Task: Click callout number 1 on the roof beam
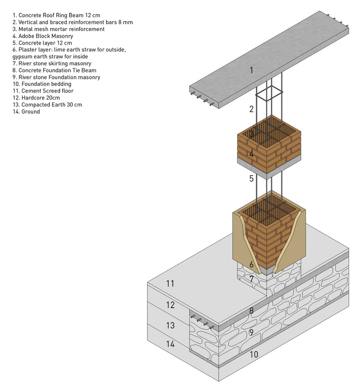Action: coord(251,71)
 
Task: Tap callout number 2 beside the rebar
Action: coord(251,109)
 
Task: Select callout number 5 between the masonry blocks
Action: coord(251,179)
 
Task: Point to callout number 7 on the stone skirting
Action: coord(251,279)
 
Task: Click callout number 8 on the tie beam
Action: coord(251,311)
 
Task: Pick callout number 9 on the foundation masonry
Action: coord(251,333)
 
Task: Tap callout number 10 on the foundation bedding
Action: coord(254,354)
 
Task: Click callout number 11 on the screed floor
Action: coord(170,283)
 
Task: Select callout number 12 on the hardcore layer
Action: coord(170,305)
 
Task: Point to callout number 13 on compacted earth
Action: coord(170,325)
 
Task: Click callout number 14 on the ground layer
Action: coord(170,344)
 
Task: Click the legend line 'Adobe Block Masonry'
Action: coord(43,36)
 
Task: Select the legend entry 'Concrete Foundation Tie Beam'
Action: coord(54,70)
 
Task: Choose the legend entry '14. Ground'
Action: coord(26,112)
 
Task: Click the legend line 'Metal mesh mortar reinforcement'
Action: coord(58,29)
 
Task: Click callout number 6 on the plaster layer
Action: coord(251,264)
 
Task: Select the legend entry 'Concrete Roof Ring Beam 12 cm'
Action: coord(56,15)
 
